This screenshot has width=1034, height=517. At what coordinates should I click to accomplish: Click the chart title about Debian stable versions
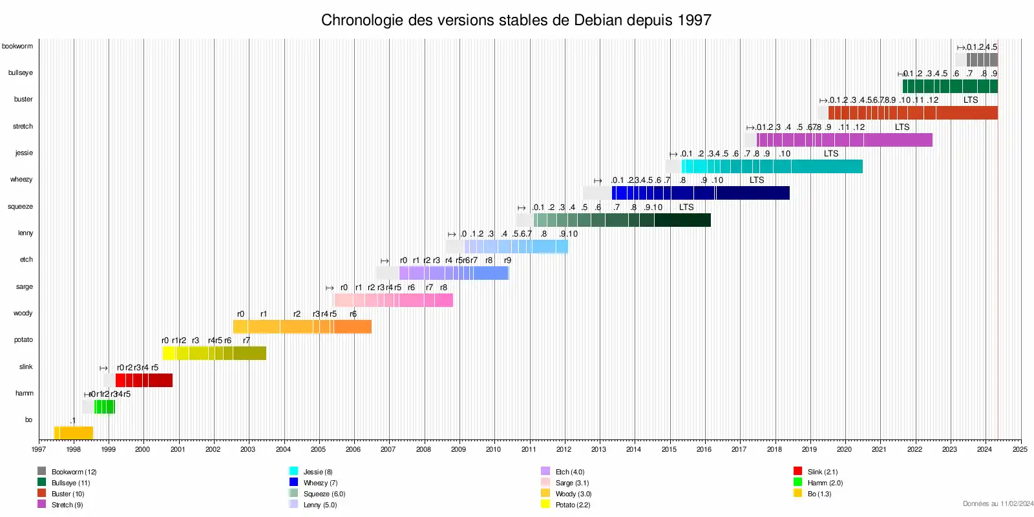(x=516, y=20)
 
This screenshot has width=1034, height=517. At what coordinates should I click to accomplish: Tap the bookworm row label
(x=17, y=47)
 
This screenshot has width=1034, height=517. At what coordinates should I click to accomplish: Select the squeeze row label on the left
(x=20, y=207)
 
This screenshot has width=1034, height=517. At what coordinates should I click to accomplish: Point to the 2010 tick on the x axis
(x=493, y=449)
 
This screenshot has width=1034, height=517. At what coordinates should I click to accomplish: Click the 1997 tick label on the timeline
(x=39, y=449)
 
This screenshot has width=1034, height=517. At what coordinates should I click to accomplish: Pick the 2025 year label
(x=1020, y=449)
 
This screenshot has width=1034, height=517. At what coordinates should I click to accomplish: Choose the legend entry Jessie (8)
(x=317, y=472)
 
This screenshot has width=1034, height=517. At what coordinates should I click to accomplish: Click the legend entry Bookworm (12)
(x=73, y=472)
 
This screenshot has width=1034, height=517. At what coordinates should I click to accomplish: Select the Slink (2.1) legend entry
(x=822, y=472)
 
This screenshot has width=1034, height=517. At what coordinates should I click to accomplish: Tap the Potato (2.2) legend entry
(x=572, y=505)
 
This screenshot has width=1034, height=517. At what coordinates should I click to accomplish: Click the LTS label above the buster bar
(x=971, y=100)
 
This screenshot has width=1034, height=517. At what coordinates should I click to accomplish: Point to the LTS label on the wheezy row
(x=757, y=180)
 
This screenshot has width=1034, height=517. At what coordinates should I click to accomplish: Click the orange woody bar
(x=302, y=326)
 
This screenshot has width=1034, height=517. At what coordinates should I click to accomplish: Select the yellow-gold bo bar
(x=74, y=433)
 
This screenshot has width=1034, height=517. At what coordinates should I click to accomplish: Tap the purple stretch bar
(x=844, y=140)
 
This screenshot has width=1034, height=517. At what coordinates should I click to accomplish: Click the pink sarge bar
(x=394, y=300)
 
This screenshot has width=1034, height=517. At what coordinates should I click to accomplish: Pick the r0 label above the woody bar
(x=240, y=314)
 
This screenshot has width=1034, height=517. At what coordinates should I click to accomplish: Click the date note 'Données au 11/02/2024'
(x=998, y=503)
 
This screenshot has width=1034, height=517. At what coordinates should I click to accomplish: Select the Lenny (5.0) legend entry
(x=319, y=505)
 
